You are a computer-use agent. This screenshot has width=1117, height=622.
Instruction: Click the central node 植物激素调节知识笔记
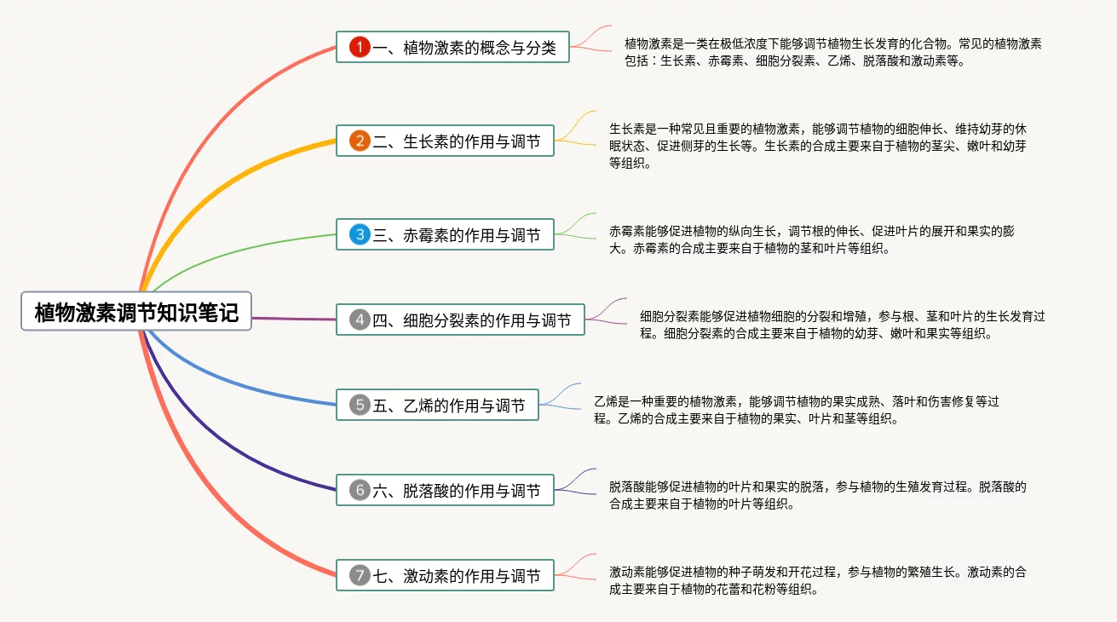pyautogui.click(x=136, y=312)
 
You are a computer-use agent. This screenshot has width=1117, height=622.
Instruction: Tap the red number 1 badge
pyautogui.click(x=360, y=48)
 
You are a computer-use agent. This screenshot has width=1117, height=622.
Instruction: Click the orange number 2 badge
pyautogui.click(x=360, y=141)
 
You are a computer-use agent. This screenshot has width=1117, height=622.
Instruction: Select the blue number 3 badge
pyautogui.click(x=360, y=234)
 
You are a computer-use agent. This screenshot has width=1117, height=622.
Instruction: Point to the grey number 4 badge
pyautogui.click(x=360, y=320)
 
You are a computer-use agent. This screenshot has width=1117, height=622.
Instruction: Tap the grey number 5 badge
pyautogui.click(x=360, y=405)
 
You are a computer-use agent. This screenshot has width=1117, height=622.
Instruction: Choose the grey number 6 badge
pyautogui.click(x=360, y=490)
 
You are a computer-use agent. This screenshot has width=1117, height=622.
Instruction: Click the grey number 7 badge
pyautogui.click(x=360, y=576)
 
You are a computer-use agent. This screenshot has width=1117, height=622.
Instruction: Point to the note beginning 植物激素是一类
pyautogui.click(x=832, y=52)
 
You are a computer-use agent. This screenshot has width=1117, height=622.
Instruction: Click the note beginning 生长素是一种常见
pyautogui.click(x=817, y=146)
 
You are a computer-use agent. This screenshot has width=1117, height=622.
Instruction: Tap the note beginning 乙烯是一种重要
pyautogui.click(x=796, y=410)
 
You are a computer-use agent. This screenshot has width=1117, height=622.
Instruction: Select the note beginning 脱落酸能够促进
pyautogui.click(x=817, y=495)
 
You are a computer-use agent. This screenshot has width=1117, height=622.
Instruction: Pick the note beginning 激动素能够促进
pyautogui.click(x=817, y=580)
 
